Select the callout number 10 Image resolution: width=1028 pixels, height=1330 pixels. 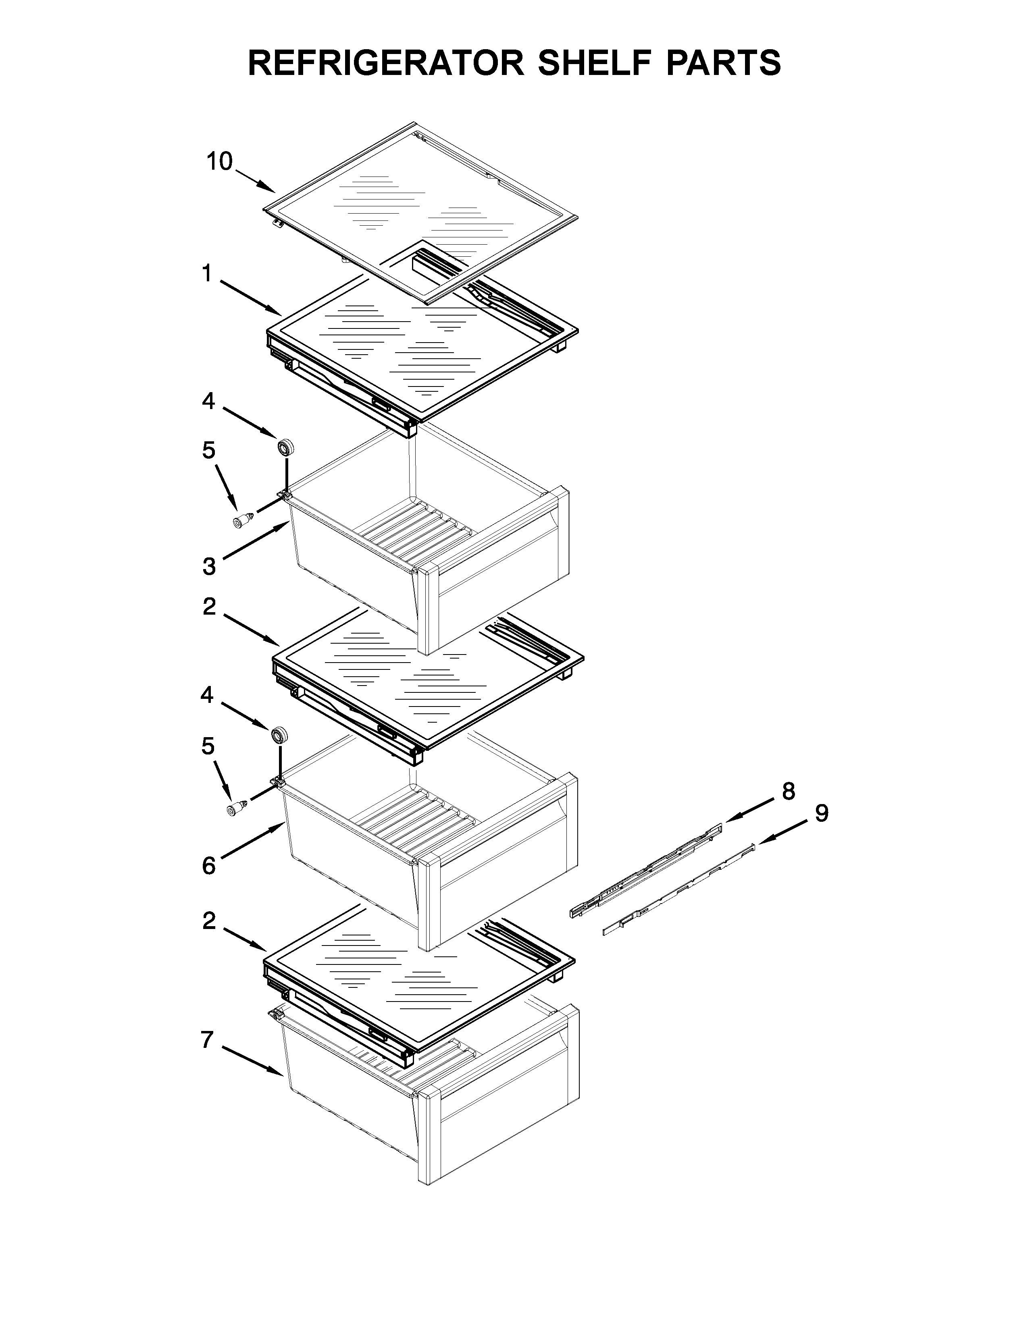(219, 162)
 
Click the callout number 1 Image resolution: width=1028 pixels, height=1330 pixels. (207, 274)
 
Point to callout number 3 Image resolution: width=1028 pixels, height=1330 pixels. (209, 566)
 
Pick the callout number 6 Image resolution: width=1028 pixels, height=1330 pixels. (208, 865)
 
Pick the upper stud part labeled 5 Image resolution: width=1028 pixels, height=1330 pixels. (243, 521)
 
